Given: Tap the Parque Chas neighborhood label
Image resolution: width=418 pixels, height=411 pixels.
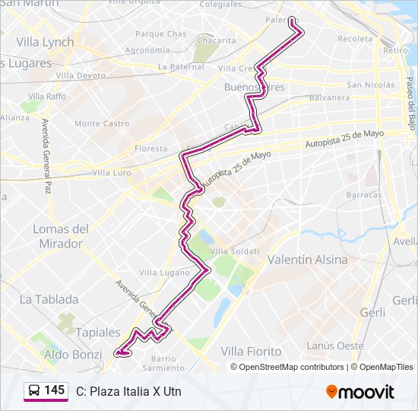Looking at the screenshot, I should coord(160,34).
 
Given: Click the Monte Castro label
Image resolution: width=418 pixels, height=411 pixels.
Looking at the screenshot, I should coord(102,123).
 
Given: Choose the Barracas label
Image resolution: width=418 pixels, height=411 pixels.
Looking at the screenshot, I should coord(363,195).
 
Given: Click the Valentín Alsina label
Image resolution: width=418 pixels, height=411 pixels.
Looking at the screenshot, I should coord(307,260).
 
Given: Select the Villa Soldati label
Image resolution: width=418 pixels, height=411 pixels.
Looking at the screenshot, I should coord(235,251).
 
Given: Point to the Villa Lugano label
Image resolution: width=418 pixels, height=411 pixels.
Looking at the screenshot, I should coord(164,272).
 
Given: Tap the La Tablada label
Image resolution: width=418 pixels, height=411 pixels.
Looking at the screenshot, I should coord(49,299).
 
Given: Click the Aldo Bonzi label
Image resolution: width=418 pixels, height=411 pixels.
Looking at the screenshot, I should coord(72,355).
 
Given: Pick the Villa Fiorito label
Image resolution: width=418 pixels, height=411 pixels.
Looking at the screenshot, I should coord(251,351).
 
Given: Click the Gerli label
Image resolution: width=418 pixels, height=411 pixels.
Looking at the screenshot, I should coord(373,312).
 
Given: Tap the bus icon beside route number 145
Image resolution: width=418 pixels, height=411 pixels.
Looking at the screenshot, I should coord(34,391).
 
